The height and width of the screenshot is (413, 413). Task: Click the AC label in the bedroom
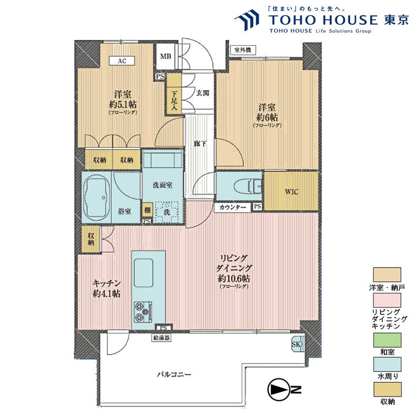pos(122,61)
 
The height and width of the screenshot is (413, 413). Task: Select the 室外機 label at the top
pos(242,50)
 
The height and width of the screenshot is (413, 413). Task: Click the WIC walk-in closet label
pos(292,192)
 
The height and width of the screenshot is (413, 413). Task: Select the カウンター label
pos(233,207)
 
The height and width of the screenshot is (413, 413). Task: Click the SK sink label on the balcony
pos(296,344)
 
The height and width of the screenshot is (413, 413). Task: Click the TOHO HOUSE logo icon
pos(247,20)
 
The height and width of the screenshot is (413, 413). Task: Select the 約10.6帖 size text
pos(234,278)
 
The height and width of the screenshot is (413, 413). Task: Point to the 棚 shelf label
pos(147,210)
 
